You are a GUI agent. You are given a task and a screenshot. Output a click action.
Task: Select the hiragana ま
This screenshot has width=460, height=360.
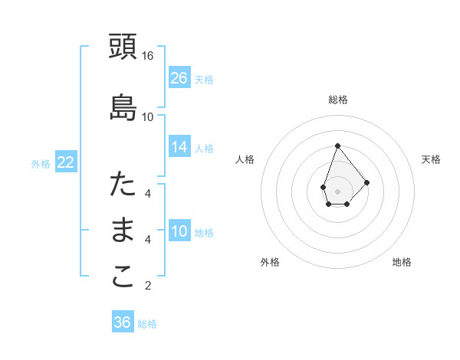123,231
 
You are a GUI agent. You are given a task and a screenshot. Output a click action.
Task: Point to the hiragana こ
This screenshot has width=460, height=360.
123,277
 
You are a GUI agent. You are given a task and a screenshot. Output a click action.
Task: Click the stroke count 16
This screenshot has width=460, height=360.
148,55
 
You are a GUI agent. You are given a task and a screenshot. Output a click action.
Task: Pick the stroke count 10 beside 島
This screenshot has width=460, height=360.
148,116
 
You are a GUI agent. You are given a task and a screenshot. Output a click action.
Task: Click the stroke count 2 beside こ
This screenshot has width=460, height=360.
148,286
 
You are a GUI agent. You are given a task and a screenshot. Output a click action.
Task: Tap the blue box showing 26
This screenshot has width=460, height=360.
179,78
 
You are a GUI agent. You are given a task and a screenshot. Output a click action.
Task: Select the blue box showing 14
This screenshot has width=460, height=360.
179,148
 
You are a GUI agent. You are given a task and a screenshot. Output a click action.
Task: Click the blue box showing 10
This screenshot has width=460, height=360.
179,232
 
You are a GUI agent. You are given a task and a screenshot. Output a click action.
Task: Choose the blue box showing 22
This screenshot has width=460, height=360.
66,162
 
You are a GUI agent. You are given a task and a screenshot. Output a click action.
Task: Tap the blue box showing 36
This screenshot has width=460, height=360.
123,322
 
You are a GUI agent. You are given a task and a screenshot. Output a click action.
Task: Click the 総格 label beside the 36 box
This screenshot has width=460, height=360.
147,324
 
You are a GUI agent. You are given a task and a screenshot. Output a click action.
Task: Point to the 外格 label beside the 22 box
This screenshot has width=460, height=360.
41,163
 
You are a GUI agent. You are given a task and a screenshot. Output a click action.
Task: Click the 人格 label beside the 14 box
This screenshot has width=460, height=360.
204,149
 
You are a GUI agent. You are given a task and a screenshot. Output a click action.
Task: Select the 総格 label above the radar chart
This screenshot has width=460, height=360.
338,100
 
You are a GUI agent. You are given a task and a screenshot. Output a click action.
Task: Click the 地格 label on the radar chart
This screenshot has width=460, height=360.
402,262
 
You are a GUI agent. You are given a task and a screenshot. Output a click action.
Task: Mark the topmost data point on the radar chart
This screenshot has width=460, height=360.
337,146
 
